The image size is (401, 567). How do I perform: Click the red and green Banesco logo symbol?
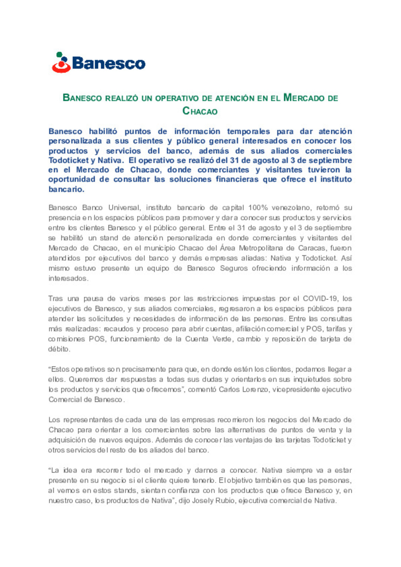(61, 62)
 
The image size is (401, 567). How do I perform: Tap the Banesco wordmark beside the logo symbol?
(108, 64)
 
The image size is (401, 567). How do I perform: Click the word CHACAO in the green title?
(200, 111)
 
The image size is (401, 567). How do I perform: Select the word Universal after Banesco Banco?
(124, 208)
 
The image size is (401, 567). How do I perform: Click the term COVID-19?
(320, 299)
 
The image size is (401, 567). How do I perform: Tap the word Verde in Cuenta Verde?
(222, 339)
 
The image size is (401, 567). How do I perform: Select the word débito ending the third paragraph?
(59, 349)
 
